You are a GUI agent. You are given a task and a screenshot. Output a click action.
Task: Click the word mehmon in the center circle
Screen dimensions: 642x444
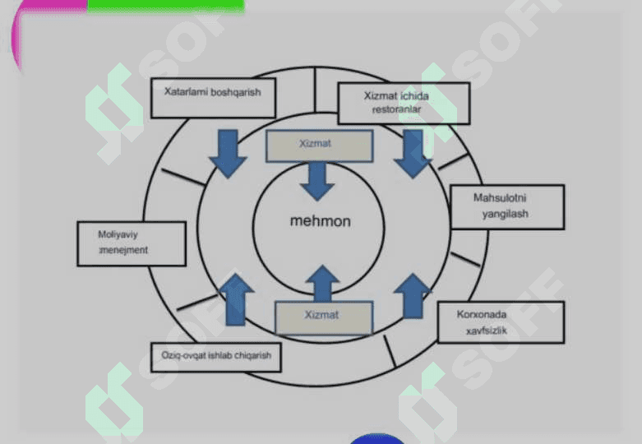click(x=321, y=221)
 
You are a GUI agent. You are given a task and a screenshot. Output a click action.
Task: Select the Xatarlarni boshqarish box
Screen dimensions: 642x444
click(x=214, y=99)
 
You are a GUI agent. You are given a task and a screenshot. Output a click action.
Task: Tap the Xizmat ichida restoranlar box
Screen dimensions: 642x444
click(x=404, y=104)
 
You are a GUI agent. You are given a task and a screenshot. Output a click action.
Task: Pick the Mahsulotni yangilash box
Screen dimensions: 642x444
click(x=507, y=207)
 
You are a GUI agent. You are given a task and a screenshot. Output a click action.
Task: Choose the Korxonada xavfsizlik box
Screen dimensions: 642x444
click(x=501, y=322)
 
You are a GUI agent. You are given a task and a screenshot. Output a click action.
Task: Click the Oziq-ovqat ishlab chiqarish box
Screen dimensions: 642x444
click(x=215, y=358)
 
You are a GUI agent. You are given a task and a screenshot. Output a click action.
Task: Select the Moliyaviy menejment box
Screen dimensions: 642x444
click(x=132, y=243)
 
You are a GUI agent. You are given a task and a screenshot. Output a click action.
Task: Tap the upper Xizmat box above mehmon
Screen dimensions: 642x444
click(x=320, y=146)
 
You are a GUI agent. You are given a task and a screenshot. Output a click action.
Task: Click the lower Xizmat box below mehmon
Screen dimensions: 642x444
click(x=324, y=318)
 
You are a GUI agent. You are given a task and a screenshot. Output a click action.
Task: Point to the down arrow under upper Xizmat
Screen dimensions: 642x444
click(x=317, y=182)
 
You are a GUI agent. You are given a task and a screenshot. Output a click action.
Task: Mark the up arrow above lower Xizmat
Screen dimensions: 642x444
click(x=322, y=284)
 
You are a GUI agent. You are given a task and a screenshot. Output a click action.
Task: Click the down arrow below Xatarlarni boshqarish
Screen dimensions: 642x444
click(x=228, y=154)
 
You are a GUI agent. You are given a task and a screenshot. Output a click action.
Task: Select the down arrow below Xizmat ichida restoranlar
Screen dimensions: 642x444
click(x=413, y=154)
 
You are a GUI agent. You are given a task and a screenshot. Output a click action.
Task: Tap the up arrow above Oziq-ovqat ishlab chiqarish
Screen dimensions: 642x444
click(x=236, y=299)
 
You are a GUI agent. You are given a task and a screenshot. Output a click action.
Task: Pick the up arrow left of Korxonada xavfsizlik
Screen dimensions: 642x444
click(x=413, y=296)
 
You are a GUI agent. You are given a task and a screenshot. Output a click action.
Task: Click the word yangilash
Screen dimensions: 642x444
click(x=505, y=214)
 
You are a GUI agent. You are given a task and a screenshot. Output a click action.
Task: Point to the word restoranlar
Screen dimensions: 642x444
click(x=396, y=109)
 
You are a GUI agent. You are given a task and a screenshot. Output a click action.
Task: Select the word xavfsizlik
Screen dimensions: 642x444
click(x=487, y=331)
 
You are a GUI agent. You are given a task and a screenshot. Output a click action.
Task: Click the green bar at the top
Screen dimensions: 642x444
click(x=166, y=6)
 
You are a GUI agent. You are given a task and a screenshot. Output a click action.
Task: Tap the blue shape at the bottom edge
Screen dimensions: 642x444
click(x=376, y=439)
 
